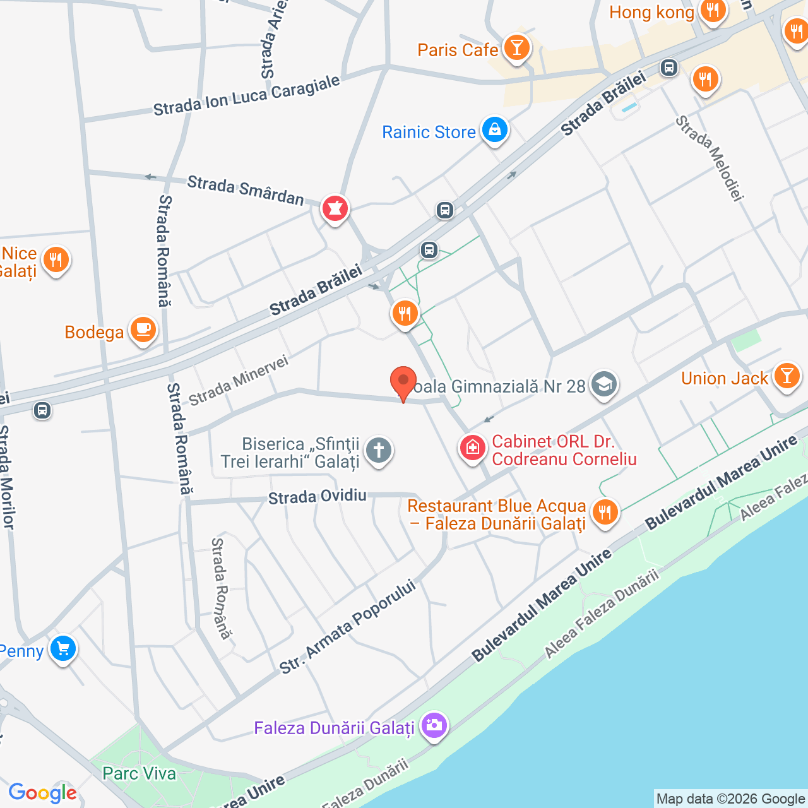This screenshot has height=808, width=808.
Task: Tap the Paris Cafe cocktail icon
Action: click(517, 48)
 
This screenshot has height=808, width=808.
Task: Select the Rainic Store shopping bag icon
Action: click(494, 130)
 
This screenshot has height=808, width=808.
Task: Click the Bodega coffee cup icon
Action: click(143, 330)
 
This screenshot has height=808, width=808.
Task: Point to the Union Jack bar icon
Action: click(787, 376)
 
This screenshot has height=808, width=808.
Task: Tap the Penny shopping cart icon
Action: click(62, 648)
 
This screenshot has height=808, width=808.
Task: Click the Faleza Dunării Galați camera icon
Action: click(434, 725)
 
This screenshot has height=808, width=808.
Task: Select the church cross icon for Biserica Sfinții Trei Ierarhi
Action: click(379, 451)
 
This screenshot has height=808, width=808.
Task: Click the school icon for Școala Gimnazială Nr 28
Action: click(604, 384)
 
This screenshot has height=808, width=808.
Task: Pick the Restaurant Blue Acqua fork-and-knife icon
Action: click(605, 512)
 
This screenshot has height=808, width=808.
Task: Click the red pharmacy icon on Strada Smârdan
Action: click(335, 208)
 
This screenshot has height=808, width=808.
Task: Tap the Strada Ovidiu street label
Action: click(318, 497)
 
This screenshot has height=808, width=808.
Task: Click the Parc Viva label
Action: click(140, 773)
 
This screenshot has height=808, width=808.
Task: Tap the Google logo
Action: click(42, 793)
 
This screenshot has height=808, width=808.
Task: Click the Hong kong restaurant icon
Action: click(713, 11)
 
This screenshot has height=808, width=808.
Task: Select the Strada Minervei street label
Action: click(239, 379)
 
